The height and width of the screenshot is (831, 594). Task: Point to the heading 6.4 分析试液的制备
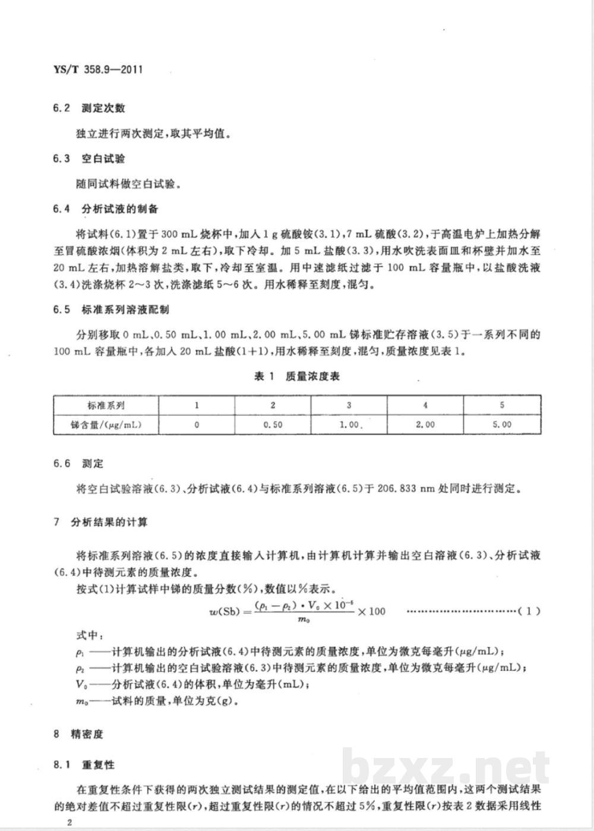click(106, 209)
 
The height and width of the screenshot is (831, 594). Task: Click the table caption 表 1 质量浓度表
click(296, 376)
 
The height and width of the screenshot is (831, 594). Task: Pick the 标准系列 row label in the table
click(105, 405)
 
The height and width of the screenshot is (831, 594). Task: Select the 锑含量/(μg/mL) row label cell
click(105, 424)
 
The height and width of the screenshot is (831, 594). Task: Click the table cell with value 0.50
click(273, 424)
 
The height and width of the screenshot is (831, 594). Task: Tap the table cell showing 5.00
click(502, 424)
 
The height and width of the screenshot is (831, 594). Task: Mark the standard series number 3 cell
click(349, 405)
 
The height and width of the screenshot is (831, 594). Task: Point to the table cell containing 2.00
click(425, 424)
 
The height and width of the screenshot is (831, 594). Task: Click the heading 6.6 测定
click(78, 463)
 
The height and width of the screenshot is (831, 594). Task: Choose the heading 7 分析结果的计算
click(101, 522)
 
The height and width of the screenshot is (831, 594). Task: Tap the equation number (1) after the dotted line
click(529, 611)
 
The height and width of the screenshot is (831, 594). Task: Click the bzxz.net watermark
click(445, 767)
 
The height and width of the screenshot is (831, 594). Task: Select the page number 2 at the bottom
click(70, 822)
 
